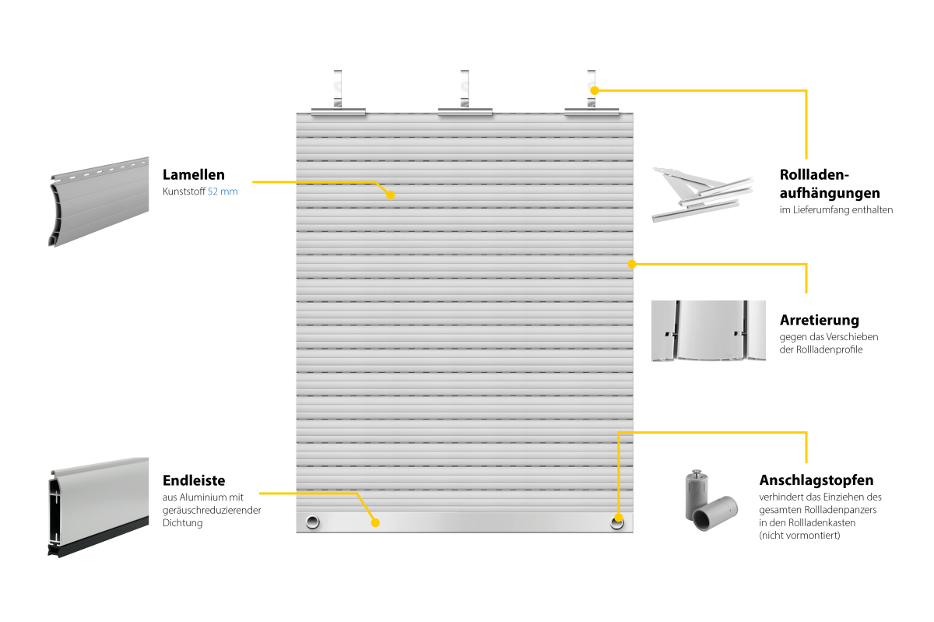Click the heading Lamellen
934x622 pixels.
coord(194,174)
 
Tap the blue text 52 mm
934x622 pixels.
coord(223,192)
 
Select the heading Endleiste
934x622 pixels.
coord(194,480)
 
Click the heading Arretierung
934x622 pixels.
coord(820,320)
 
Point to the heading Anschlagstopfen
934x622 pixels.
coord(816,480)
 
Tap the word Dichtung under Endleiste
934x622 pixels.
coord(183,522)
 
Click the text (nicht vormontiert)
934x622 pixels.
coord(799,536)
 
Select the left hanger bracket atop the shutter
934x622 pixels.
coord(338,93)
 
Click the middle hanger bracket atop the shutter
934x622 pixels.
coord(465,93)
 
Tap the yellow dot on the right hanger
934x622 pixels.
coord(595,90)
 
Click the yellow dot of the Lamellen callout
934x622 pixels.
coord(390,195)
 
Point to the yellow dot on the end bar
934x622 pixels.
coord(375,522)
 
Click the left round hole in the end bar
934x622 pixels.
coord(313,522)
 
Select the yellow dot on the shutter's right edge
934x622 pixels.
coord(632,264)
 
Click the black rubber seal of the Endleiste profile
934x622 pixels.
coord(98,538)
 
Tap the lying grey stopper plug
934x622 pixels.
coord(715,514)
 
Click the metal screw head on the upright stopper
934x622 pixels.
coord(697,474)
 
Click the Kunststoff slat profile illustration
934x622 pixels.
coord(99,202)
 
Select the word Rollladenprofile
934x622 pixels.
coord(829,350)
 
